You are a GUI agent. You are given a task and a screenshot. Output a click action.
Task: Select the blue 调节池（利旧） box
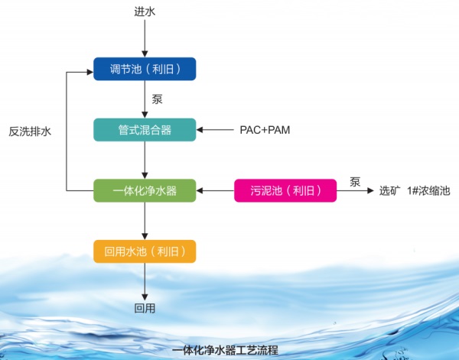pos(145,70)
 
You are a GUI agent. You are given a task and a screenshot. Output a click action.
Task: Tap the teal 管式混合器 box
pos(145,129)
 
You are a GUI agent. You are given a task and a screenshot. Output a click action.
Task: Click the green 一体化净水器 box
pos(145,190)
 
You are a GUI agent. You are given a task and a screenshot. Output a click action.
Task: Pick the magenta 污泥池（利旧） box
pos(285,190)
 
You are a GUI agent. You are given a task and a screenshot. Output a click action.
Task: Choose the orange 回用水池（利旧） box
pos(145,251)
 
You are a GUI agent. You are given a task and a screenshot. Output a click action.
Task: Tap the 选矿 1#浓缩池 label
pos(413,190)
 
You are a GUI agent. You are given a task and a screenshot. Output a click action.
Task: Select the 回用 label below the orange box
pos(144,308)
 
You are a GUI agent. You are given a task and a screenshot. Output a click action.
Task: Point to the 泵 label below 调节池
pos(156,99)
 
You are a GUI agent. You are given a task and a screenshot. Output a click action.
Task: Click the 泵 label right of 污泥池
pos(355,181)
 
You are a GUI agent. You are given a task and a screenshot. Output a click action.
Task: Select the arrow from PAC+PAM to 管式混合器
pos(216,129)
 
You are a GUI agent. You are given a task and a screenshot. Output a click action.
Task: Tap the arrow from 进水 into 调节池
pos(145,40)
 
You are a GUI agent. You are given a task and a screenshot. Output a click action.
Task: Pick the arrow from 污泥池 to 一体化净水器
pos(215,190)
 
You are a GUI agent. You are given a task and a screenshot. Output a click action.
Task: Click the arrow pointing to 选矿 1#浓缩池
pos(355,190)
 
